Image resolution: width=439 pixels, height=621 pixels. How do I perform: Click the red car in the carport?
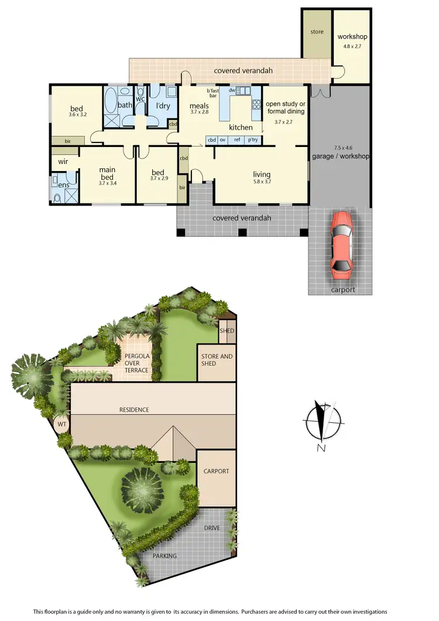tap(341, 245)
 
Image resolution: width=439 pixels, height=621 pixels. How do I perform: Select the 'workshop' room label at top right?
tap(352, 37)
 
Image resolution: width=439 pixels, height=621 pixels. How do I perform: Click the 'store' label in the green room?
tap(316, 31)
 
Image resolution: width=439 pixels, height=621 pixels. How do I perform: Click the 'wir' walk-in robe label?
tap(63, 161)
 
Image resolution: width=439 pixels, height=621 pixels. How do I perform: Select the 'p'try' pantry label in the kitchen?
tap(253, 140)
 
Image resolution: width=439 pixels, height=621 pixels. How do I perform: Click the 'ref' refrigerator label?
tap(237, 140)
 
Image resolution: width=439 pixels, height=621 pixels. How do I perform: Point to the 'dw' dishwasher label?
tap(232, 90)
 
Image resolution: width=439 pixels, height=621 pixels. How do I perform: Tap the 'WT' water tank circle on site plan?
tap(61, 423)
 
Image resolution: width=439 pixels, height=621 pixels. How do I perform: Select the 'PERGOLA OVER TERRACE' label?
tap(135, 363)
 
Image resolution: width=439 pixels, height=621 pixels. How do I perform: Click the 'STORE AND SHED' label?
tap(217, 360)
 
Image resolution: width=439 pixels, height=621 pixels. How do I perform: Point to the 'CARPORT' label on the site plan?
tap(216, 471)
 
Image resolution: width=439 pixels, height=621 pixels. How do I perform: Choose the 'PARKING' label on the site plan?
tap(164, 556)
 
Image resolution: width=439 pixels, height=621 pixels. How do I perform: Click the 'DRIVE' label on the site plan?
tap(212, 528)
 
